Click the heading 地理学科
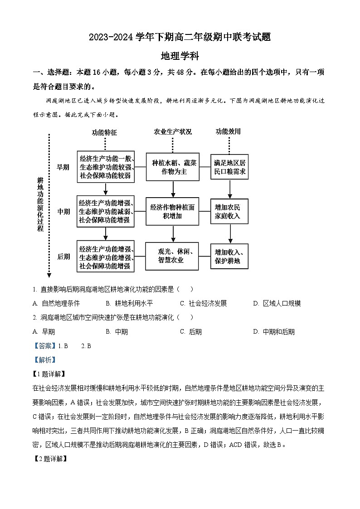[180, 56]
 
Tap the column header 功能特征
[104, 132]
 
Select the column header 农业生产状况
[173, 132]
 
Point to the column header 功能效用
[228, 132]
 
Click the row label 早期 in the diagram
[63, 167]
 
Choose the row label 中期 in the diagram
[63, 212]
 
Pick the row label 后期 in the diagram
[63, 257]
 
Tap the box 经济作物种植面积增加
[173, 212]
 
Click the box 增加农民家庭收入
[230, 212]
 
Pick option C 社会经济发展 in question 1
[204, 303]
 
